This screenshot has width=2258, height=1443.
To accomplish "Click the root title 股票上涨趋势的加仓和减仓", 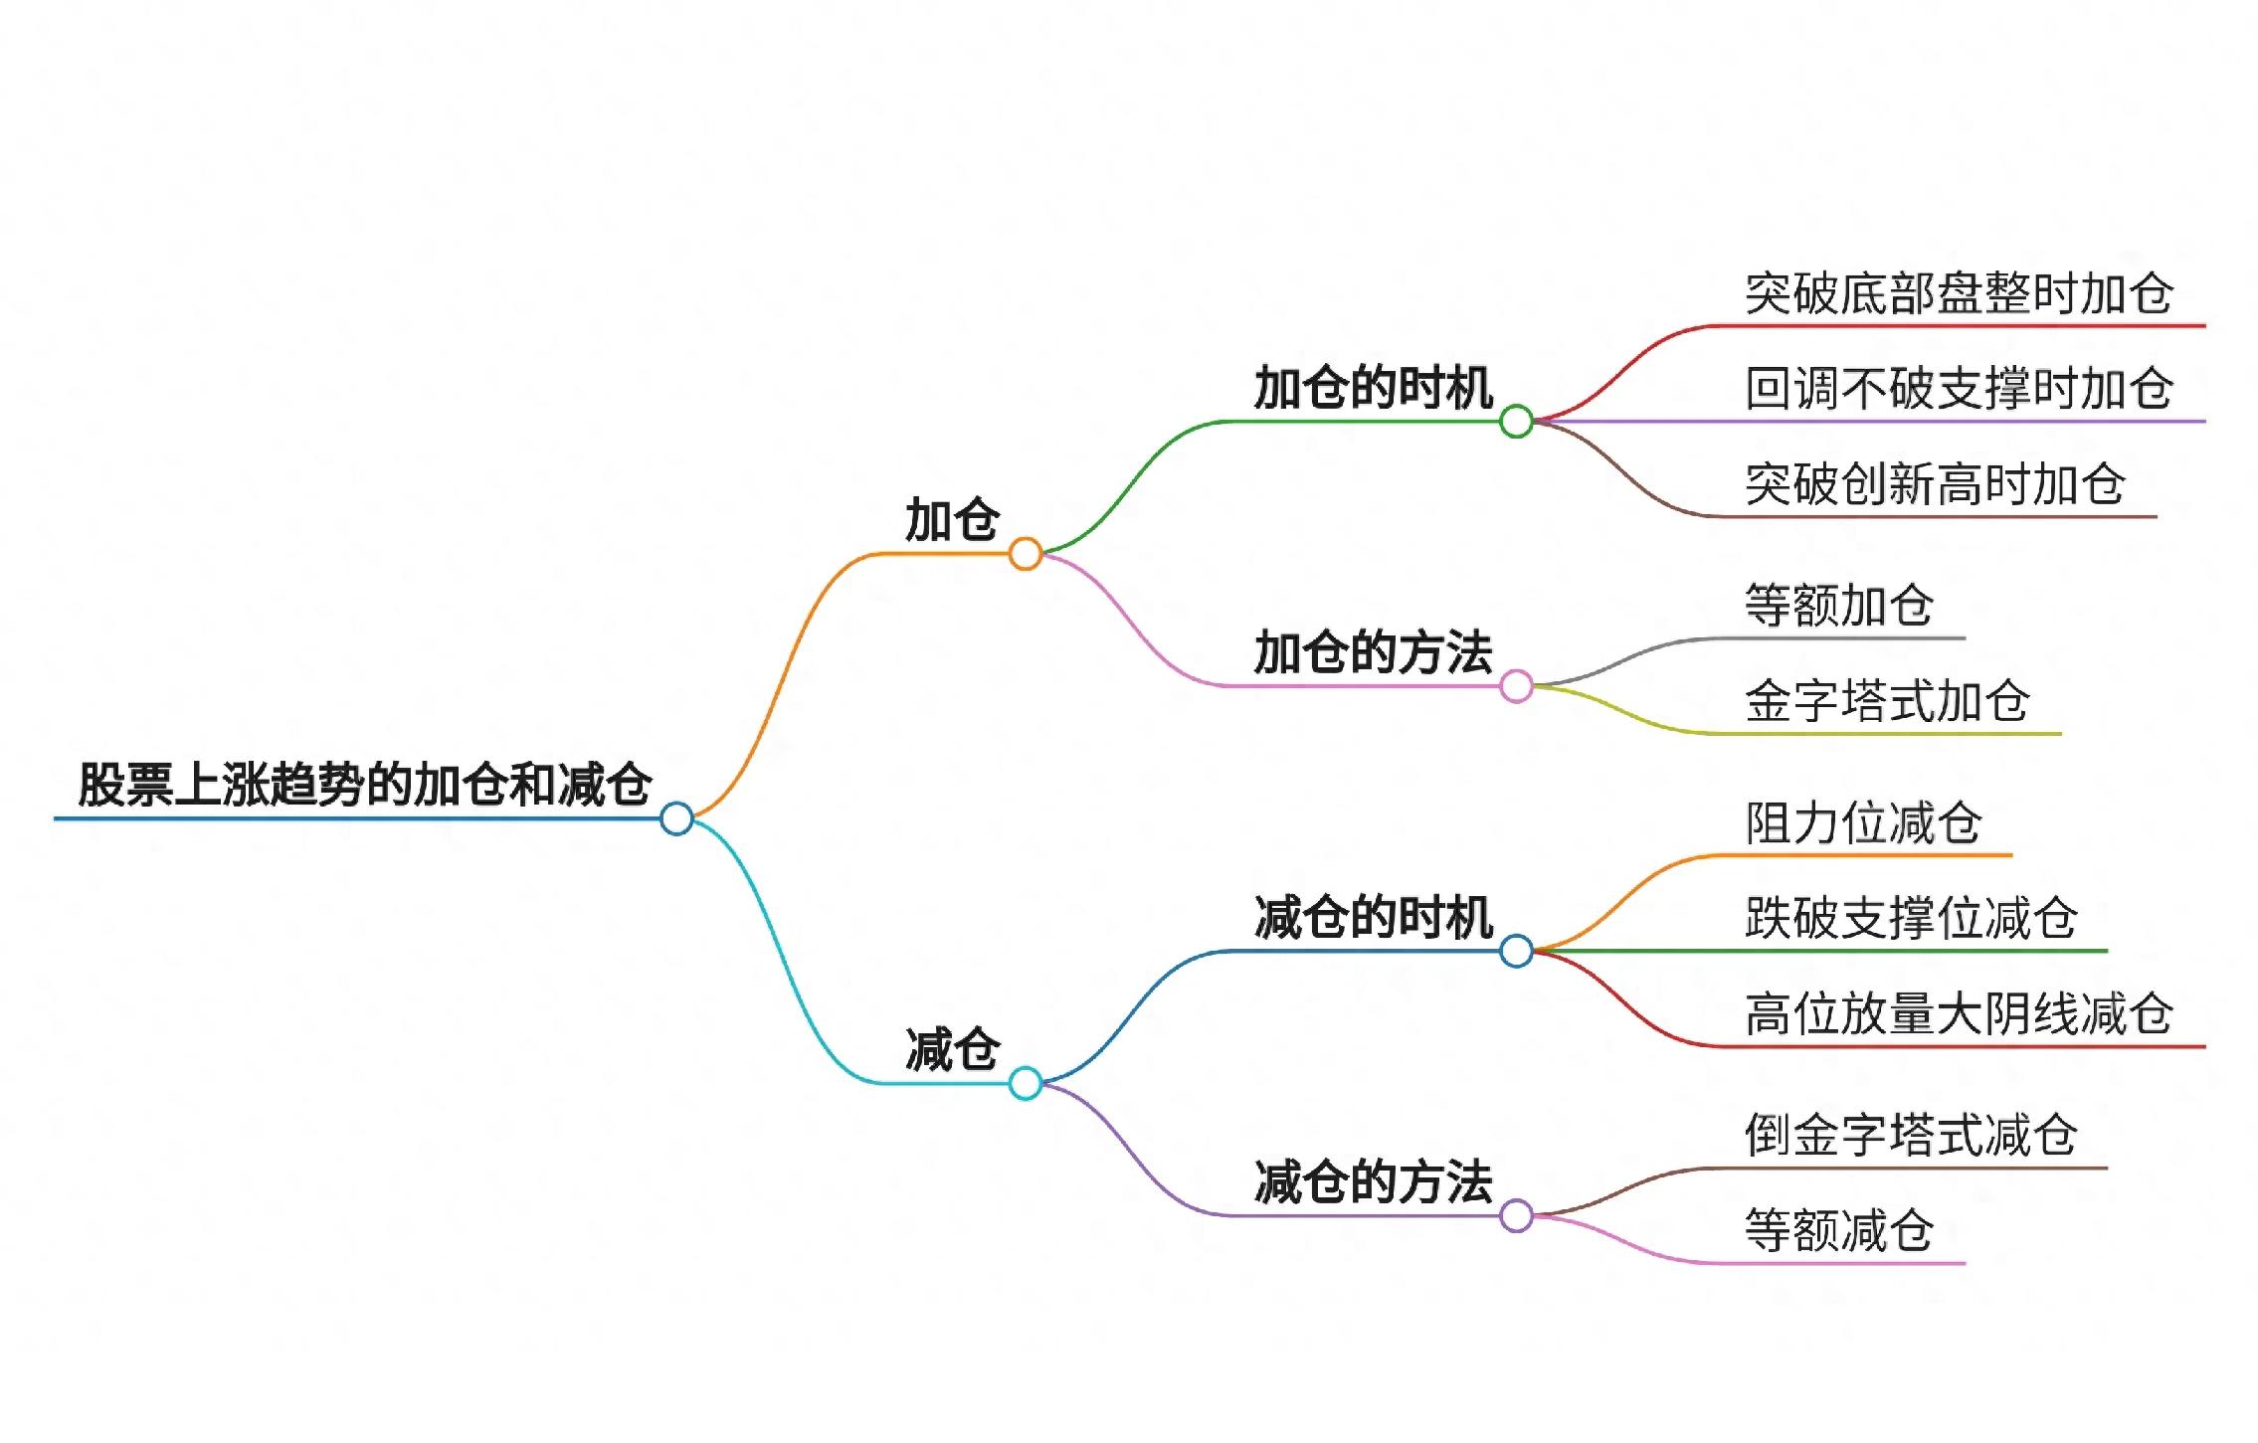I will click(365, 785).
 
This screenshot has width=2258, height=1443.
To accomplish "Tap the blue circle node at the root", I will click(676, 818).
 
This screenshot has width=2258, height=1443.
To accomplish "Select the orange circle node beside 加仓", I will click(1025, 554).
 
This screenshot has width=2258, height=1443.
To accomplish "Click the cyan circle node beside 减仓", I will click(1025, 1083).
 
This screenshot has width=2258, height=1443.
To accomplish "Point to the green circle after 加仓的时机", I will click(1516, 422).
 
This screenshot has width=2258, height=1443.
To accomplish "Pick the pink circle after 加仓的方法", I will click(1516, 686).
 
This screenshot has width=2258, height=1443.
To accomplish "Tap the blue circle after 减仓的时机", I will click(1516, 951).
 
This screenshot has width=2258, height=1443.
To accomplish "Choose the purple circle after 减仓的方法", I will click(1516, 1215).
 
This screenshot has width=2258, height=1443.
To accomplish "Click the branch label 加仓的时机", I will click(1373, 388).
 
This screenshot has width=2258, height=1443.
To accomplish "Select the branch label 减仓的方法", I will click(1373, 1182).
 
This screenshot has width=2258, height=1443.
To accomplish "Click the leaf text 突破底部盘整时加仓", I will click(1959, 293).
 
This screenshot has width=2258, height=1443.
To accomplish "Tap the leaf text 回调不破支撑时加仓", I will click(1959, 389).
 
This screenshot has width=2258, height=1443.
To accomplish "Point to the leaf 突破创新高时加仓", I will click(1935, 484).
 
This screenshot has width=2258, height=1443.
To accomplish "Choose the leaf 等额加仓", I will click(1839, 606).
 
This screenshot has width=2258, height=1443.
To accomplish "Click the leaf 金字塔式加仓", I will click(1887, 701).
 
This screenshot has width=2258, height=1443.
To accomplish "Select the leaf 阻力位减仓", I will click(1863, 823).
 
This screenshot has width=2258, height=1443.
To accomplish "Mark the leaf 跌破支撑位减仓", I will click(1911, 918).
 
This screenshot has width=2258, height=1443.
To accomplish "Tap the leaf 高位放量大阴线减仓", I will click(1959, 1014).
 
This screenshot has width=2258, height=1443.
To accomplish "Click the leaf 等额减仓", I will click(1839, 1231).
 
